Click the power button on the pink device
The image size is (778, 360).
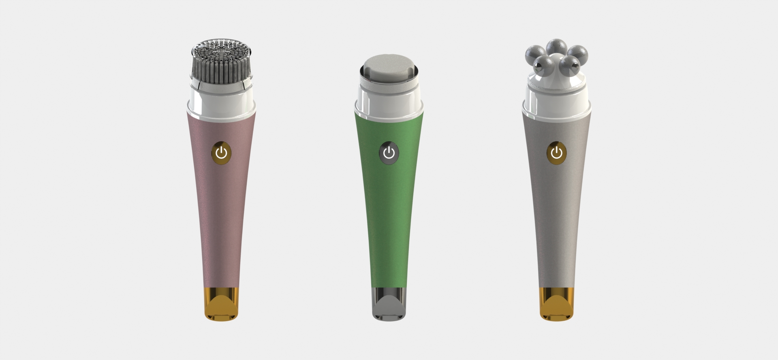221,153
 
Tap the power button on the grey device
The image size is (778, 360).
557,153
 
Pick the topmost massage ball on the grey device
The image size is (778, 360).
556,46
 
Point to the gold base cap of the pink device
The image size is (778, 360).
221,304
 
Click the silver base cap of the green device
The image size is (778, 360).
389,304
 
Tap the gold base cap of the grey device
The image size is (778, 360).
557,304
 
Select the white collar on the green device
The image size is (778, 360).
389,101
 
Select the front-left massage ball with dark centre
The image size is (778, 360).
542,63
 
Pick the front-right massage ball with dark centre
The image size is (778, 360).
571,63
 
